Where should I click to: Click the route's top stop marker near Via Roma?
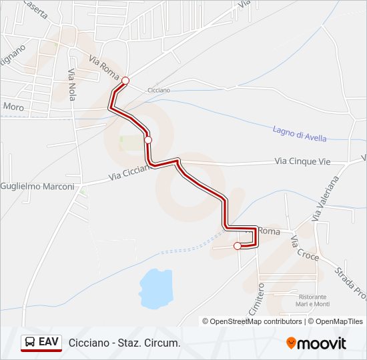125,81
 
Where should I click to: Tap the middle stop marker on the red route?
148,139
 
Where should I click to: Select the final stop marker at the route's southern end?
237,246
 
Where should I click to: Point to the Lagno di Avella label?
300,133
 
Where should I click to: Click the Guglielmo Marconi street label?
37,187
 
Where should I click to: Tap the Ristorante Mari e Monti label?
314,300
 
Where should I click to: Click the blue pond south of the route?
156,288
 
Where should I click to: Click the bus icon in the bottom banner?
29,343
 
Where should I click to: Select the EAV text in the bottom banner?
48,342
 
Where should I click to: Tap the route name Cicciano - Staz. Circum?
124,343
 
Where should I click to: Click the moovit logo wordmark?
322,343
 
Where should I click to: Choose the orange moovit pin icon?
291,343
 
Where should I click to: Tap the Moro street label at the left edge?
13,106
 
